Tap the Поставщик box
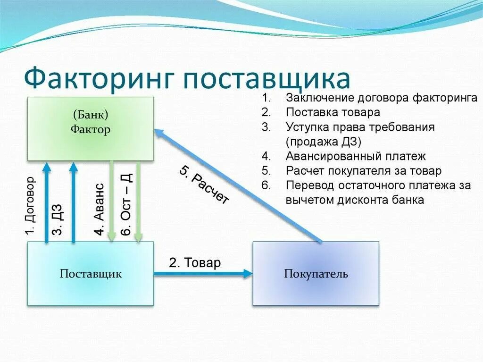coord(91,274)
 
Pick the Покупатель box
coord(316,274)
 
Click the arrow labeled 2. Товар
coord(203,273)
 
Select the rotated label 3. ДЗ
coord(58,219)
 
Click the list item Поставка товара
coord(333,113)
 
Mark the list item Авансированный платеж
coord(355,156)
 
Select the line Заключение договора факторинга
coord(381,98)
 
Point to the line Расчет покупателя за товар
coord(363,171)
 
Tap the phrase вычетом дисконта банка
coord(355,200)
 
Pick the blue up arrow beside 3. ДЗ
coord(73,203)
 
